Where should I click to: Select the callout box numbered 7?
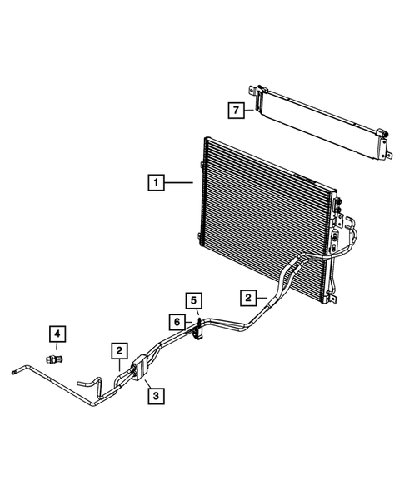[x=237, y=108]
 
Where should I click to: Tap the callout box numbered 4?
[x=57, y=335]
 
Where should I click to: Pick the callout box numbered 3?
[x=154, y=397]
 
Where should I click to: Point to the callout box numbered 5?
[x=193, y=300]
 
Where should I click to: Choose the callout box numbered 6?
[x=177, y=320]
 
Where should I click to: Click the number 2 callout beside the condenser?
[x=247, y=297]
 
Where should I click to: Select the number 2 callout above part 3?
[x=121, y=352]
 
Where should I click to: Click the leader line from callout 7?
[x=251, y=108]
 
